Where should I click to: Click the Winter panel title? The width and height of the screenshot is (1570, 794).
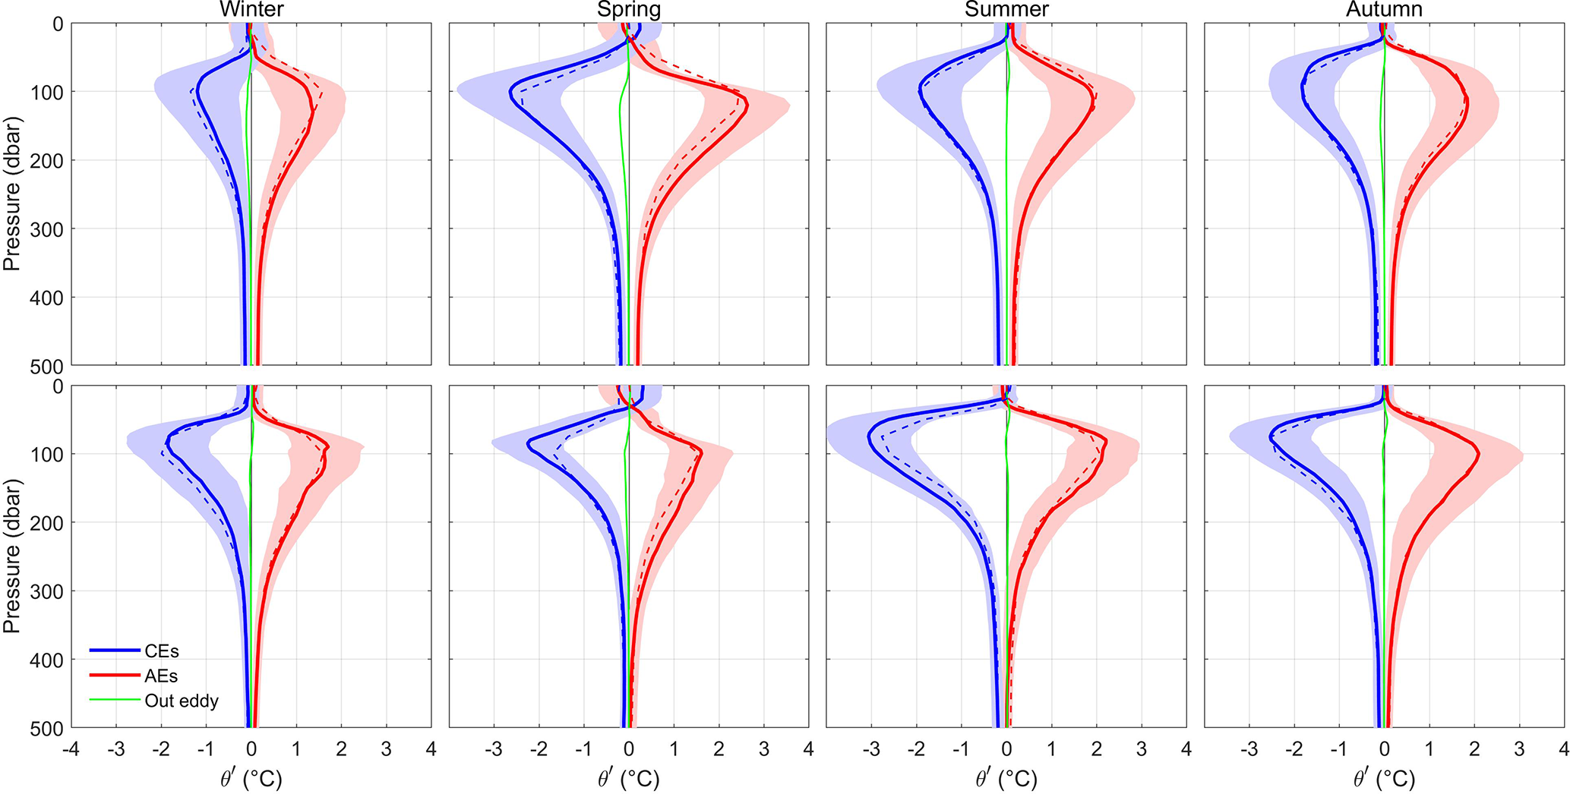[x=251, y=10]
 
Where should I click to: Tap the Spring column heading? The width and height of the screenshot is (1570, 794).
[x=629, y=10]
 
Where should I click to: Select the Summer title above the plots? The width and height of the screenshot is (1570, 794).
[x=1006, y=10]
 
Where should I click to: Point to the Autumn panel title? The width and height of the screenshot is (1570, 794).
[x=1384, y=10]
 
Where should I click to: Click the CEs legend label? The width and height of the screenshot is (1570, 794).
[x=162, y=651]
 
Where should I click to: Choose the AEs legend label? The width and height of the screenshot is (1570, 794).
[x=161, y=676]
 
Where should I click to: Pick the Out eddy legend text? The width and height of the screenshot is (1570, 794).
[x=182, y=701]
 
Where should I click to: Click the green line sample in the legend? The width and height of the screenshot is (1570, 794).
[x=115, y=700]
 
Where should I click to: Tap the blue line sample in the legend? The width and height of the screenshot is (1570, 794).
[x=115, y=651]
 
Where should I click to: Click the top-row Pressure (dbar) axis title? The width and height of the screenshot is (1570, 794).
[x=11, y=194]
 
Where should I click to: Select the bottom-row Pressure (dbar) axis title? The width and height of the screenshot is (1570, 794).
[x=11, y=556]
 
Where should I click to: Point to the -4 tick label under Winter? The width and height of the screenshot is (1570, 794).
[x=71, y=750]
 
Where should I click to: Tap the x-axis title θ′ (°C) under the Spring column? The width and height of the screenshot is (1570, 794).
[x=629, y=780]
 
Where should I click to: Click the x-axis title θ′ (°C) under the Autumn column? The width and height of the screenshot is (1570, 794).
[x=1384, y=780]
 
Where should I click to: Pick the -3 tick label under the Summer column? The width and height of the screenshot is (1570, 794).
[x=871, y=750]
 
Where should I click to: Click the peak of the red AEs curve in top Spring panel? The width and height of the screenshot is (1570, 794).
[x=747, y=106]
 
